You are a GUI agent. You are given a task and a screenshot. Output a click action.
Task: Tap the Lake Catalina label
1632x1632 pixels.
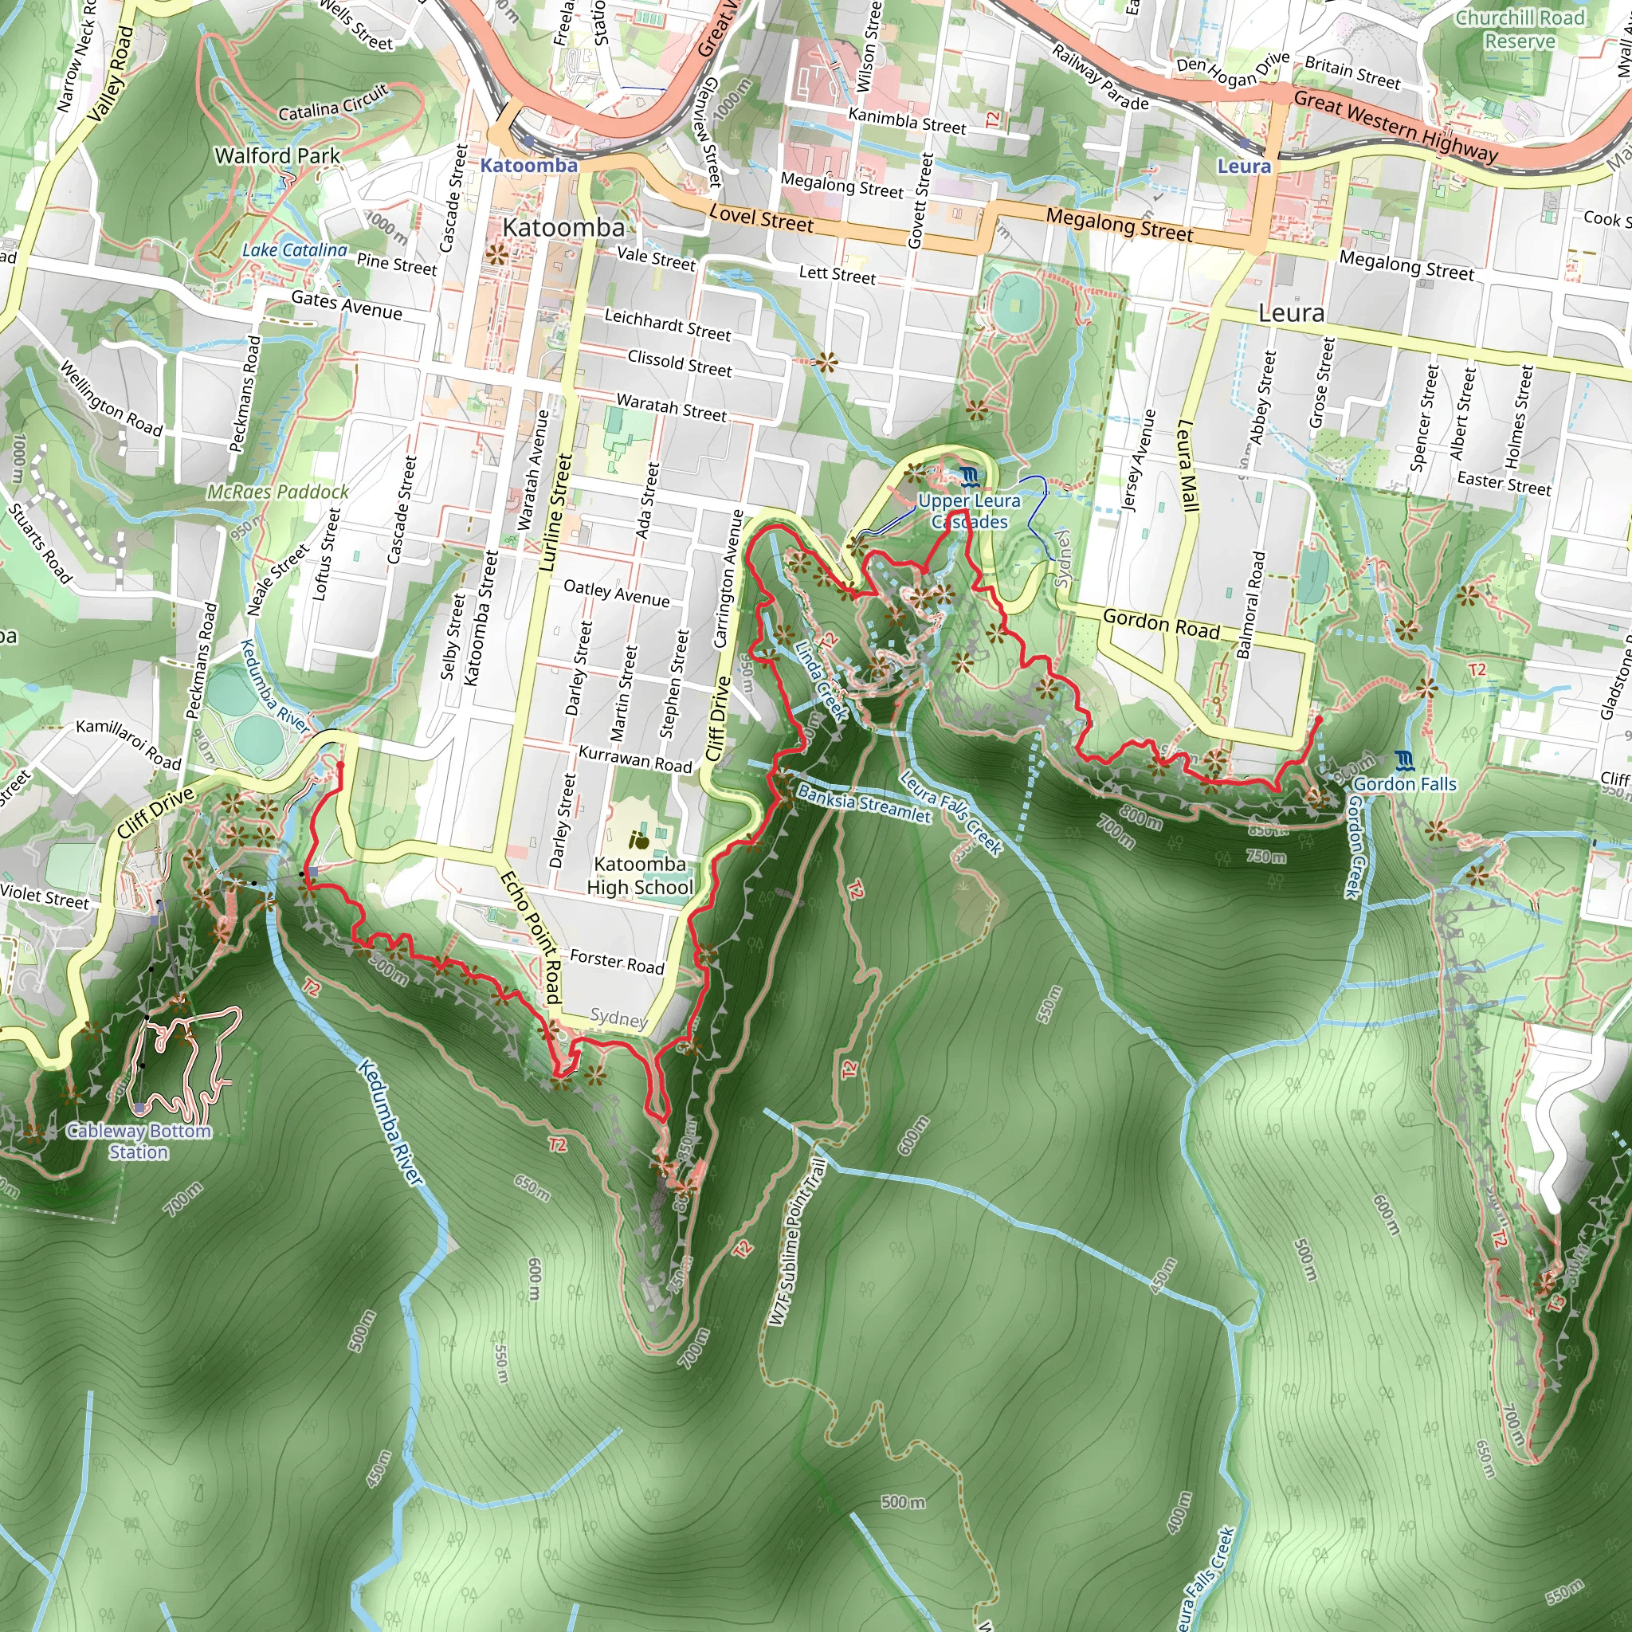[x=294, y=250]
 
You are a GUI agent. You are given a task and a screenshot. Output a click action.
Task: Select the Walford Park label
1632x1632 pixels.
[x=277, y=155]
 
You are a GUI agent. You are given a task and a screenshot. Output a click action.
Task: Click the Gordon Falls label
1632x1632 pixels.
[x=1405, y=784]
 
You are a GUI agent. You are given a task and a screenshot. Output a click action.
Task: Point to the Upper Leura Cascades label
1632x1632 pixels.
[x=969, y=511]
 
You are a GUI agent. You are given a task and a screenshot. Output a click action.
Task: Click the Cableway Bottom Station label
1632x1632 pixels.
[x=139, y=1141]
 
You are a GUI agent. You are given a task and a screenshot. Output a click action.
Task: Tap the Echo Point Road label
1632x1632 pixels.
[x=531, y=938]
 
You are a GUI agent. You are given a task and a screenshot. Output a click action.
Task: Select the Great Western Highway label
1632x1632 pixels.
[x=1395, y=127]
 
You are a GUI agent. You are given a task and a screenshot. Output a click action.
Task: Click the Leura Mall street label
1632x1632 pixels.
[x=1187, y=465]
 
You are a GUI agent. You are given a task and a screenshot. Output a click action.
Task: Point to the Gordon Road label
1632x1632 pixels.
[x=1162, y=623]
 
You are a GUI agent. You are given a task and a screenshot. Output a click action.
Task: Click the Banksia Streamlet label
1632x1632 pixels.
[x=863, y=804]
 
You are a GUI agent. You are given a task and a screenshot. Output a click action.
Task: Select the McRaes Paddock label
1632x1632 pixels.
[x=278, y=492]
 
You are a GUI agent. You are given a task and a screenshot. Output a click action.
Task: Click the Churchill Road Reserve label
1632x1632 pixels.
[x=1520, y=29]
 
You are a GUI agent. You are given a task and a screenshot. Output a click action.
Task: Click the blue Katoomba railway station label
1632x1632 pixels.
[x=529, y=165]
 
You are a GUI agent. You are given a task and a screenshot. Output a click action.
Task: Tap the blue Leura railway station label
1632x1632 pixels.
[x=1243, y=166]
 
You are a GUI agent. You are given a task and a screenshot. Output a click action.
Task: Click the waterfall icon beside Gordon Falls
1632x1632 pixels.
[x=1404, y=761]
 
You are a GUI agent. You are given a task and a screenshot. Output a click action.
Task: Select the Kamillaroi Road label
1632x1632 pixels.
[x=128, y=744]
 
